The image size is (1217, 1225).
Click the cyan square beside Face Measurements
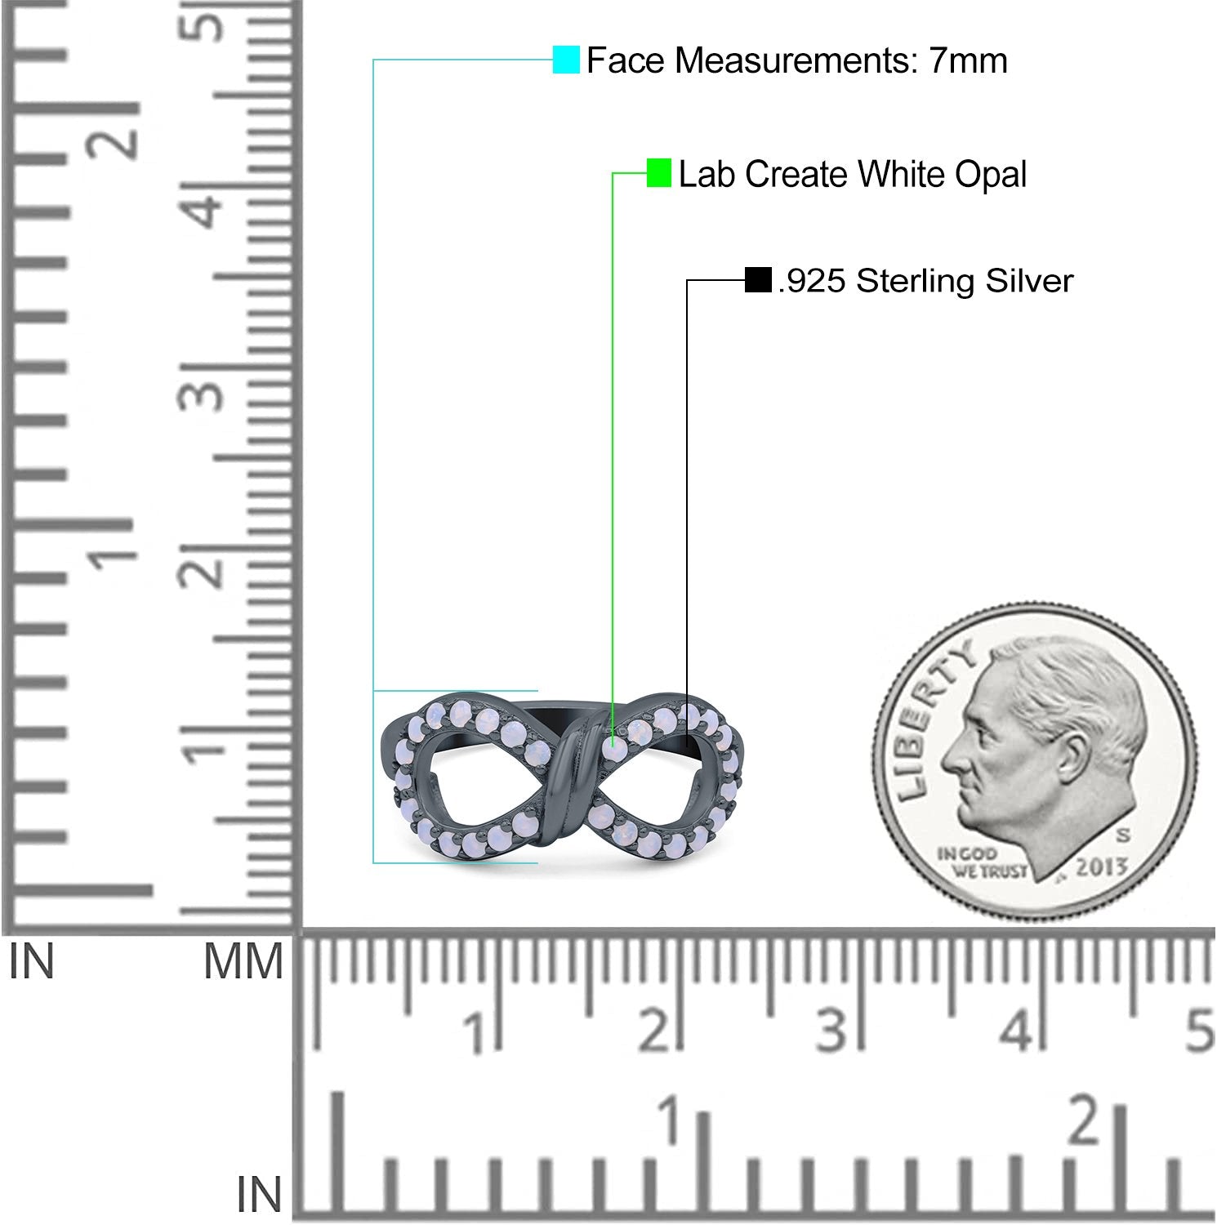point(566,60)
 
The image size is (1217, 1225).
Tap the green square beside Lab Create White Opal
point(659,172)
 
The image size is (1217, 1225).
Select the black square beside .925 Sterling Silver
point(758,280)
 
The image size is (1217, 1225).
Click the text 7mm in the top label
point(968,60)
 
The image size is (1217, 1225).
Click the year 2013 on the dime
point(1101,866)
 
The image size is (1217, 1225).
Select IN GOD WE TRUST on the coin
point(980,863)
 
